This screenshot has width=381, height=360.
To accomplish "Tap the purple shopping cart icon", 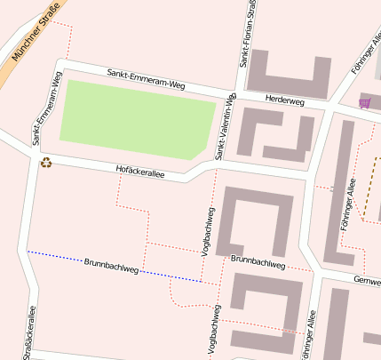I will (364, 103).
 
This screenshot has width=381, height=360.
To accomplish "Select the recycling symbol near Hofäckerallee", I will (45, 162).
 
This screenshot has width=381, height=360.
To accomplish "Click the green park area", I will (133, 120).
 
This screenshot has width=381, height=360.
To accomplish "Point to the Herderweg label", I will (284, 102).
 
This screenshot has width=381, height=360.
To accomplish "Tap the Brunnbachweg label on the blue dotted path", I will (111, 265).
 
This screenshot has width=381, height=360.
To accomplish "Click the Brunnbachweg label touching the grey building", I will (258, 261).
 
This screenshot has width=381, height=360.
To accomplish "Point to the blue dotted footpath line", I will (53, 255).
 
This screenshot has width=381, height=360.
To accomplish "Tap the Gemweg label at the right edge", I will (366, 280).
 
